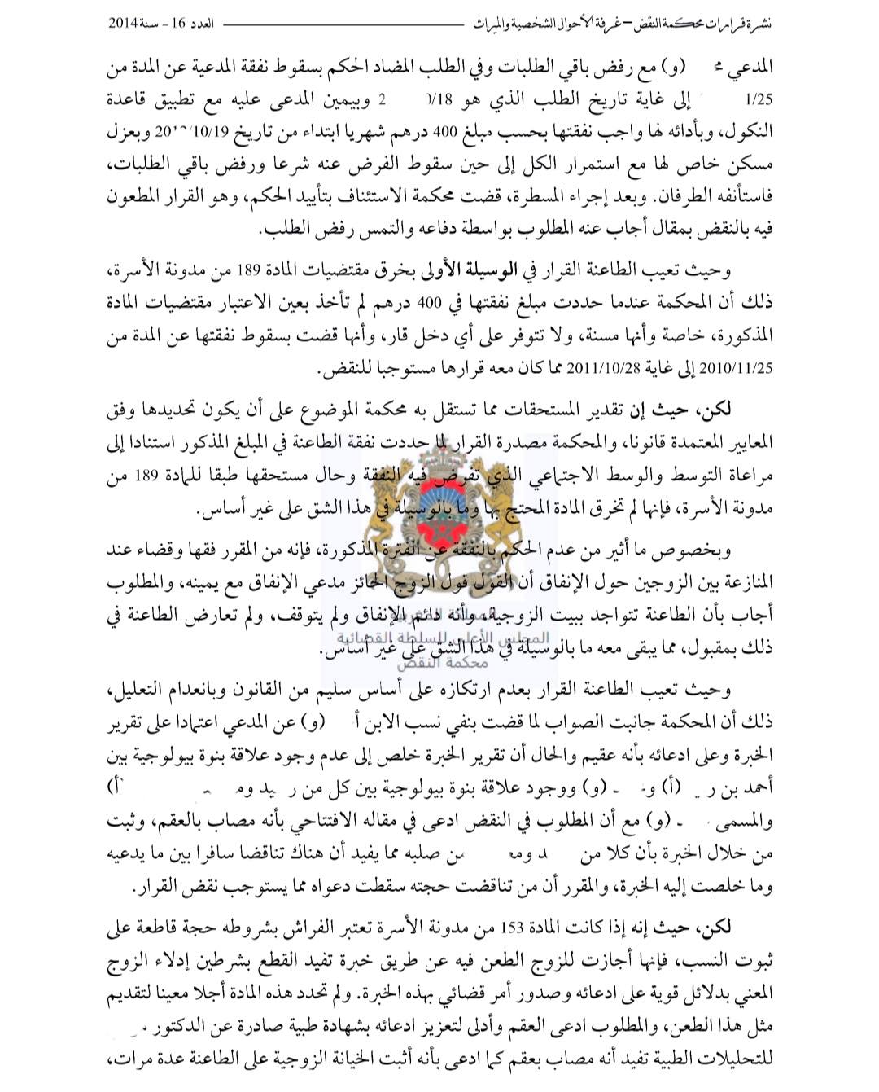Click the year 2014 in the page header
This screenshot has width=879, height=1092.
tap(125, 24)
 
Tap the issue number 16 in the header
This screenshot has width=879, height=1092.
tap(181, 24)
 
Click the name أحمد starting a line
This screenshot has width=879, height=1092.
tap(752, 787)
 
